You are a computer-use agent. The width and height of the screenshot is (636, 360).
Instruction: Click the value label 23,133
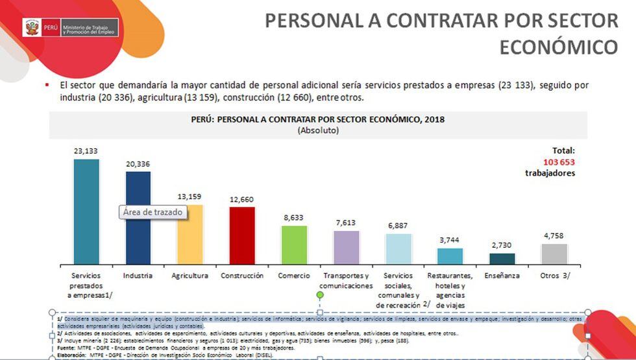(86, 150)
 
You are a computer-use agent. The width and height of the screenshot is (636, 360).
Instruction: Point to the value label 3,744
(450, 240)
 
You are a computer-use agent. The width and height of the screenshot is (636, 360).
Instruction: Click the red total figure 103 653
(550, 162)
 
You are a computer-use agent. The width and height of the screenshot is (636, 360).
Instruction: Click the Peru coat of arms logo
(31, 28)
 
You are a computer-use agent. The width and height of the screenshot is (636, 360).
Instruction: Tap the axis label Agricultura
(190, 276)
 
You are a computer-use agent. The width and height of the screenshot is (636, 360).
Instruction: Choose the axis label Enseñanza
(502, 276)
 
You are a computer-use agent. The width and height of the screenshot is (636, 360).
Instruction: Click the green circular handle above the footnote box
(320, 296)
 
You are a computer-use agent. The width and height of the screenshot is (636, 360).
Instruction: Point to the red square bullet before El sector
(47, 85)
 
